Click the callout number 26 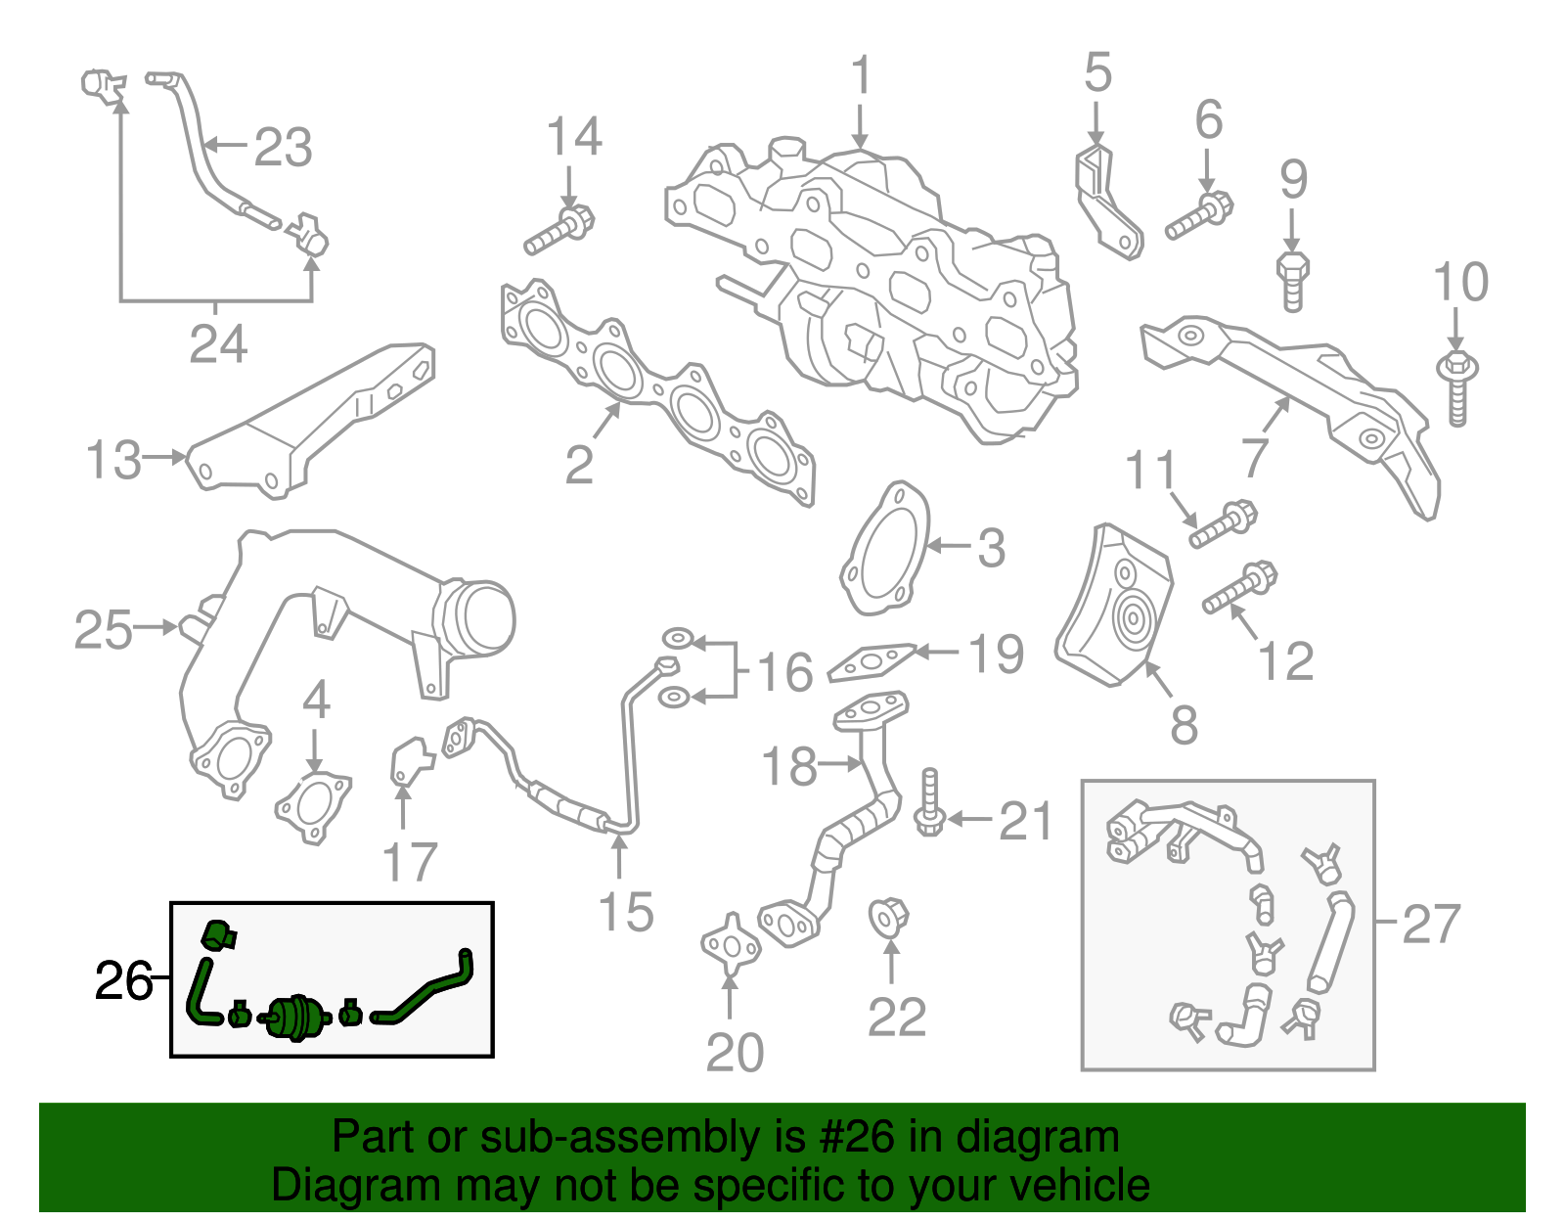(x=122, y=980)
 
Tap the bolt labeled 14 (x=559, y=230)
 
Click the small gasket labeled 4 (x=313, y=806)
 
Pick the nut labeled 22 (x=888, y=918)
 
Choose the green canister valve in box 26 (x=293, y=1018)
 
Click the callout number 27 (x=1431, y=923)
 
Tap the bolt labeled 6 (x=1198, y=218)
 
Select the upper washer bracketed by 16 (x=676, y=640)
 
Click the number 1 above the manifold (x=861, y=75)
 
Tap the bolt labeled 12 (x=1239, y=590)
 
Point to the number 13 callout (x=113, y=460)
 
